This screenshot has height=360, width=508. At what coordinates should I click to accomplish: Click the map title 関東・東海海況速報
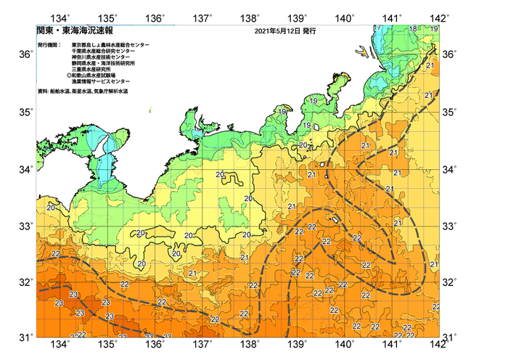pyautogui.click(x=66, y=31)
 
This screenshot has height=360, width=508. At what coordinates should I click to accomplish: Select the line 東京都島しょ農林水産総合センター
pyautogui.click(x=111, y=45)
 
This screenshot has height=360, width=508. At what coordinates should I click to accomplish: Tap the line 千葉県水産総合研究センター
pyautogui.click(x=102, y=51)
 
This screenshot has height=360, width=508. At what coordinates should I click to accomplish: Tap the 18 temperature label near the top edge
pyautogui.click(x=413, y=28)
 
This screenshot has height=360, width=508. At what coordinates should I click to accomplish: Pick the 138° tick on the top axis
pyautogui.click(x=250, y=17)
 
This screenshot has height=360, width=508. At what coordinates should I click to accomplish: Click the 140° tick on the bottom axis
pyautogui.click(x=345, y=344)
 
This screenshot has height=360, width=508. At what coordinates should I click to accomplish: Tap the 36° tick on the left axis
pyautogui.click(x=25, y=54)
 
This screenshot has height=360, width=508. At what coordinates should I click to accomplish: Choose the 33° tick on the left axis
pyautogui.click(x=25, y=226)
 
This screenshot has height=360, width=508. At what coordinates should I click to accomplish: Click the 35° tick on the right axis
pyautogui.click(x=451, y=112)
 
